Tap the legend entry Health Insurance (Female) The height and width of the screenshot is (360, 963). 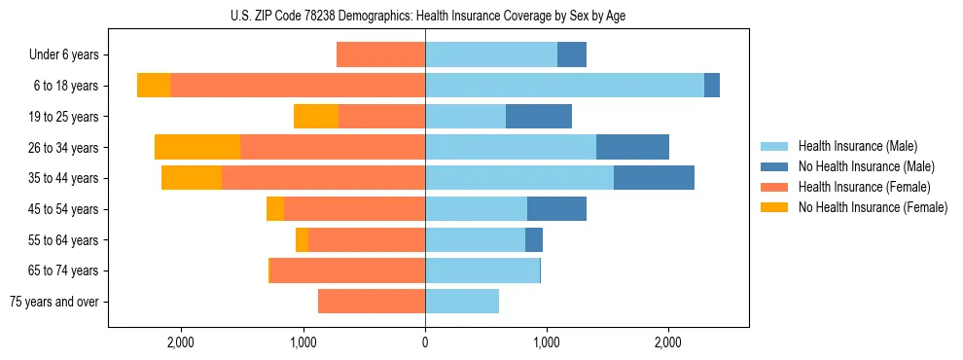click(x=857, y=187)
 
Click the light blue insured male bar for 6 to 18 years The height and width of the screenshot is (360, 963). click(x=564, y=86)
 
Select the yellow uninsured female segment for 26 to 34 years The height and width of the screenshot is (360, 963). click(x=197, y=147)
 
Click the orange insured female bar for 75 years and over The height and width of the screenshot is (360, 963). click(x=372, y=302)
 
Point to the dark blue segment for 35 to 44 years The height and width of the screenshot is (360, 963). click(x=654, y=178)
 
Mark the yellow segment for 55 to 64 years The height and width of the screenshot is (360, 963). click(x=302, y=240)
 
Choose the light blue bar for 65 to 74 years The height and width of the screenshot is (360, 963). click(x=482, y=270)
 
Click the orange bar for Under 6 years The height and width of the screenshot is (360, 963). click(x=380, y=54)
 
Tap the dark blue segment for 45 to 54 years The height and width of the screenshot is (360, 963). click(x=556, y=209)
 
